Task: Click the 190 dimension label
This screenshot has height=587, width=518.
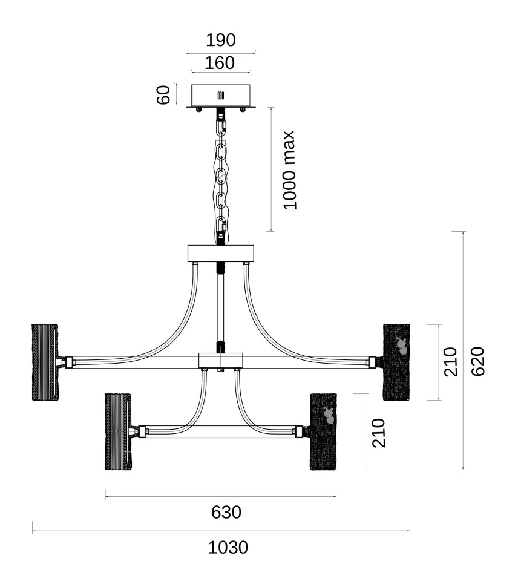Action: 221,40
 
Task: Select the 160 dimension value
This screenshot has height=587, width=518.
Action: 220,63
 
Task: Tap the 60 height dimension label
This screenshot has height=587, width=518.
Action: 163,95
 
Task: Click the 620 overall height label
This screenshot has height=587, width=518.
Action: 477,361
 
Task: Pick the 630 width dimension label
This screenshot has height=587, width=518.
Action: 226,512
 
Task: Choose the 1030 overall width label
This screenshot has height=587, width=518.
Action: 228,547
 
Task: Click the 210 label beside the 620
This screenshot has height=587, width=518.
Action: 451,362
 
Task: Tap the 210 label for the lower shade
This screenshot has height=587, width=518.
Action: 378,433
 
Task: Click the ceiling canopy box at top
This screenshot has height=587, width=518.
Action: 220,96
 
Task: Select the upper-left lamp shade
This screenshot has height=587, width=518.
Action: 45,362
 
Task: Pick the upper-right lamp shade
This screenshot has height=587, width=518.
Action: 396,362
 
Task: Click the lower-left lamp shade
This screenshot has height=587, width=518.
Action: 118,431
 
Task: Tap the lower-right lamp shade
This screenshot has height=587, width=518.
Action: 323,431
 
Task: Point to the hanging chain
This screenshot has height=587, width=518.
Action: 221,176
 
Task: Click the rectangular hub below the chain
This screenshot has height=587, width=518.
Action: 220,254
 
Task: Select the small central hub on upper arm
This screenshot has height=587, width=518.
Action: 221,361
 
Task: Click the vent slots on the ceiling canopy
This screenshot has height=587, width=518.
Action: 220,96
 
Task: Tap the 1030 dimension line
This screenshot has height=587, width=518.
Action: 221,531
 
